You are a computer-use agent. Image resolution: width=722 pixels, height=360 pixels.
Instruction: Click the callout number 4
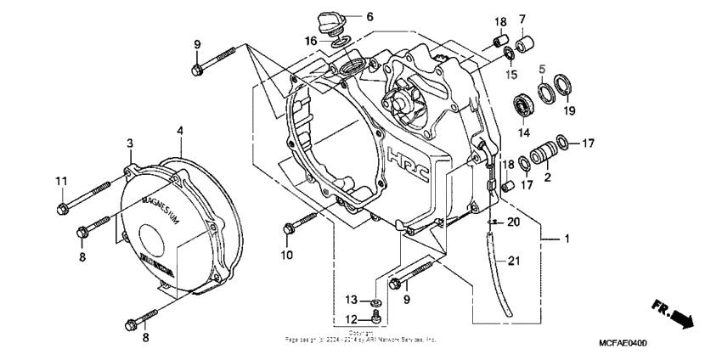(180, 130)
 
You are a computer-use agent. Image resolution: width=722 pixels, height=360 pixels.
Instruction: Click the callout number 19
(569, 110)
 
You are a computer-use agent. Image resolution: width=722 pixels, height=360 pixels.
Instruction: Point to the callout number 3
(130, 143)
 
